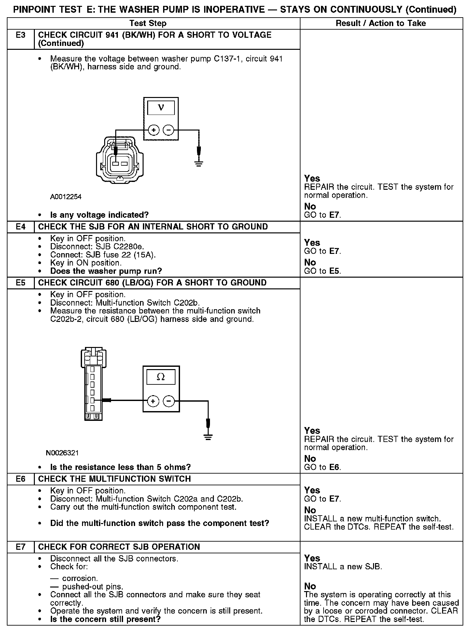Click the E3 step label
(21, 35)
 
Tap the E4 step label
(21, 227)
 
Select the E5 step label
(21, 283)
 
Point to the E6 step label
(21, 479)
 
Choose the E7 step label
(21, 547)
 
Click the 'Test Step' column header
(148, 23)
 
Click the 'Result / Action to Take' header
(381, 23)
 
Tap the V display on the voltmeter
(161, 108)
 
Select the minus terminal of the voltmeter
(168, 130)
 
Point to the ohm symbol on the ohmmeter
(161, 377)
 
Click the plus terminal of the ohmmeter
(153, 401)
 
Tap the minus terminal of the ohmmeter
(168, 401)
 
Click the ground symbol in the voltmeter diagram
(199, 163)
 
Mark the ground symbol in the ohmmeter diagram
(208, 437)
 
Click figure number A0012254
(66, 197)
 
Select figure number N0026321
(63, 453)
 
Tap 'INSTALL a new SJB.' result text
(343, 567)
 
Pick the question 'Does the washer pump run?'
(106, 271)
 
